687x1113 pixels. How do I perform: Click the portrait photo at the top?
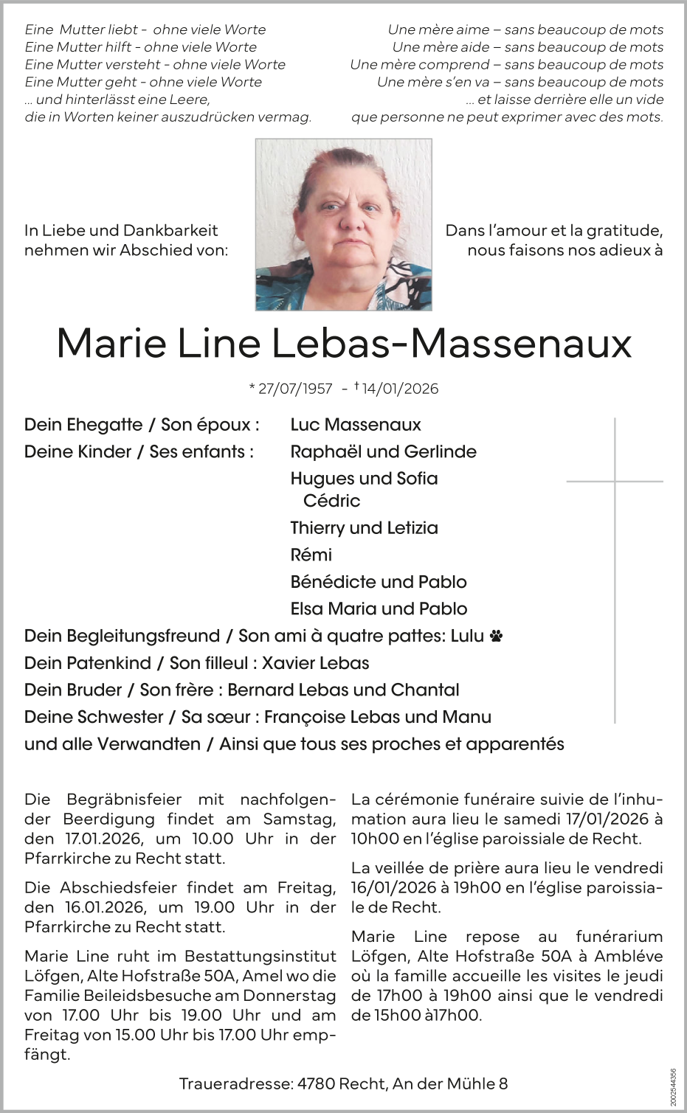pyautogui.click(x=343, y=224)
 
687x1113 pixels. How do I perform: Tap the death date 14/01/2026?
pyautogui.click(x=400, y=389)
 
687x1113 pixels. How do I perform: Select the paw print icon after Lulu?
pyautogui.click(x=496, y=636)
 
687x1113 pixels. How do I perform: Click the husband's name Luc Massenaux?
pyautogui.click(x=355, y=425)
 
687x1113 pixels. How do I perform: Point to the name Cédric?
pyautogui.click(x=331, y=501)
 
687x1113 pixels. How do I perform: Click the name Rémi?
pyautogui.click(x=311, y=555)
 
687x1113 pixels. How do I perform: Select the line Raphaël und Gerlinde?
pyautogui.click(x=383, y=451)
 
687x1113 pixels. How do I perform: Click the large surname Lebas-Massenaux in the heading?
pyautogui.click(x=452, y=343)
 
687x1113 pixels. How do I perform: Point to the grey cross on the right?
pyautogui.click(x=615, y=482)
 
